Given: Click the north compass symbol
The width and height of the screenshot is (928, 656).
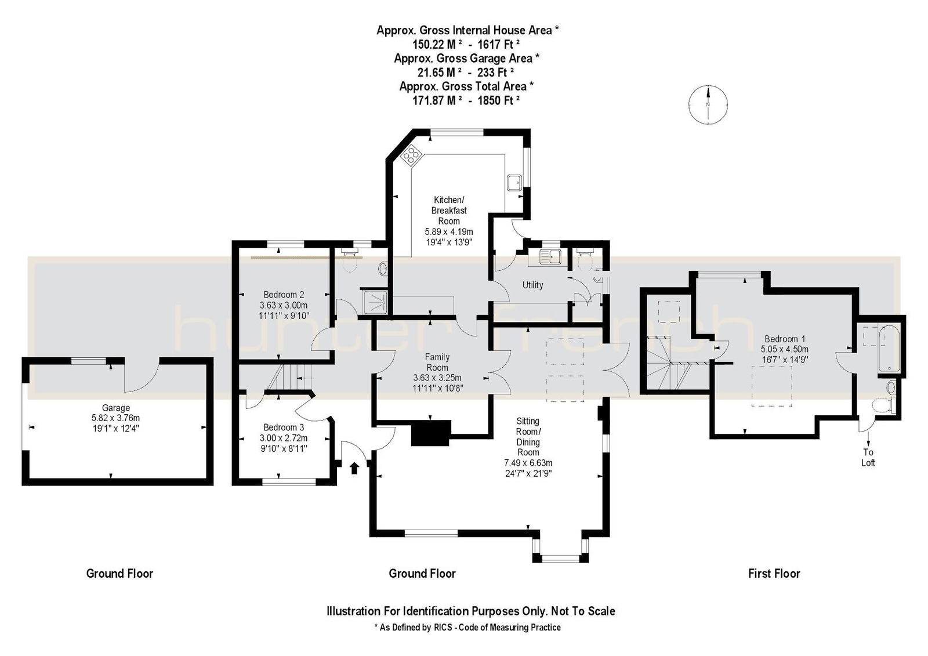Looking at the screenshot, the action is pyautogui.click(x=708, y=104).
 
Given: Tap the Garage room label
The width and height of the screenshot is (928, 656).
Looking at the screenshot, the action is pyautogui.click(x=115, y=408).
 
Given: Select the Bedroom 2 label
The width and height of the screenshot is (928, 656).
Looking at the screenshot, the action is pyautogui.click(x=284, y=295).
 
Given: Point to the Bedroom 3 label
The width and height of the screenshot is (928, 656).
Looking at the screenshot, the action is pyautogui.click(x=284, y=427).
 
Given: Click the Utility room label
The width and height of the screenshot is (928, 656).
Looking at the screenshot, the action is pyautogui.click(x=532, y=285).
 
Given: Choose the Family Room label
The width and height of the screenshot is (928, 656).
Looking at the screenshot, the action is pyautogui.click(x=437, y=362).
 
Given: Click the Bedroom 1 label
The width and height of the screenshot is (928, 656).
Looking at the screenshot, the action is pyautogui.click(x=785, y=339).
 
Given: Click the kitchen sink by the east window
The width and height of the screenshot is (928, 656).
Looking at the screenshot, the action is pyautogui.click(x=514, y=183).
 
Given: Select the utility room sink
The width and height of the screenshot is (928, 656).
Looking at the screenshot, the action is pyautogui.click(x=550, y=256).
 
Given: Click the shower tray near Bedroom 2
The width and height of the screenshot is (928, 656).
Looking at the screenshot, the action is pyautogui.click(x=375, y=301).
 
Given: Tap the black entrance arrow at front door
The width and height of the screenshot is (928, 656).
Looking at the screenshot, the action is pyautogui.click(x=354, y=468).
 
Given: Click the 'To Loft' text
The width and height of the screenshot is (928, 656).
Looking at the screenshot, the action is pyautogui.click(x=868, y=458).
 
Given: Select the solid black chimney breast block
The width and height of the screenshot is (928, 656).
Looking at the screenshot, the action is pyautogui.click(x=431, y=433).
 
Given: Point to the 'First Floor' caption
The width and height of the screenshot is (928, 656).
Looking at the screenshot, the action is pyautogui.click(x=774, y=574).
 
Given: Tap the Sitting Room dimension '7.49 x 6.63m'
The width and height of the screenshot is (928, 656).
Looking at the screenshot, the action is pyautogui.click(x=528, y=463).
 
